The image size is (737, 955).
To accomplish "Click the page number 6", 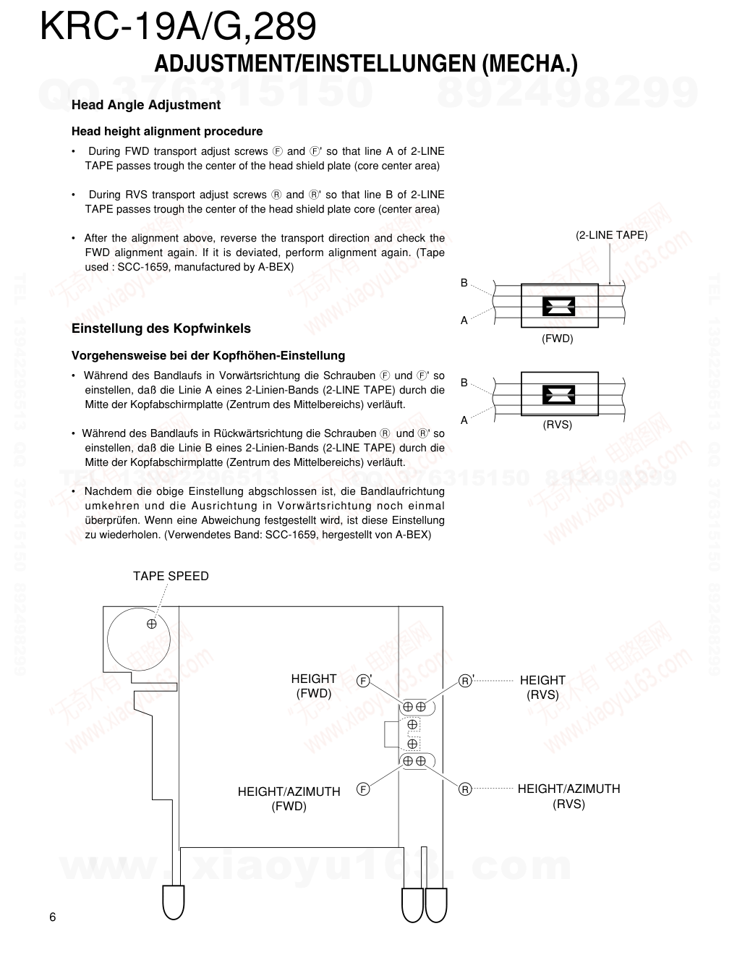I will pyautogui.click(x=52, y=917).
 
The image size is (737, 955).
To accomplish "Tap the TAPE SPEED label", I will pyautogui.click(x=171, y=576).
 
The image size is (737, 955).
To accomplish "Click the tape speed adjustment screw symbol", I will pyautogui.click(x=152, y=624).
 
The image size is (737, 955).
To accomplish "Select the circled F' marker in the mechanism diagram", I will pyautogui.click(x=363, y=681).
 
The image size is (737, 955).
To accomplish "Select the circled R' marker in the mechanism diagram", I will pyautogui.click(x=466, y=681).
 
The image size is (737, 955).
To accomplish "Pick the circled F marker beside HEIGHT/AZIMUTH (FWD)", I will pyautogui.click(x=363, y=789).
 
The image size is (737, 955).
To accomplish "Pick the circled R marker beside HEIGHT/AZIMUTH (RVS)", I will pyautogui.click(x=466, y=789).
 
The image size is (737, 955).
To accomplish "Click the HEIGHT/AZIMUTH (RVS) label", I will pyautogui.click(x=568, y=796).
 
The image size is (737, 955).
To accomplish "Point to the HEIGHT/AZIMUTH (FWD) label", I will pyautogui.click(x=289, y=799).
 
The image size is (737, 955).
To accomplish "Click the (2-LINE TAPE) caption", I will pyautogui.click(x=611, y=235).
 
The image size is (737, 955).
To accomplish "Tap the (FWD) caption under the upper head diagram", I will pyautogui.click(x=558, y=339).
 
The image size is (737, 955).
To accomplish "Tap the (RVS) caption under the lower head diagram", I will pyautogui.click(x=558, y=425).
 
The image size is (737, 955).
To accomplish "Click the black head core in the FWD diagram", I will pyautogui.click(x=558, y=306).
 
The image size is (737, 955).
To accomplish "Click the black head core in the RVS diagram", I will pyautogui.click(x=558, y=394).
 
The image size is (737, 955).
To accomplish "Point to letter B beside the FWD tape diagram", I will pyautogui.click(x=464, y=283).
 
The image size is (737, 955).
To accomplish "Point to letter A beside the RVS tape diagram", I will pyautogui.click(x=464, y=420).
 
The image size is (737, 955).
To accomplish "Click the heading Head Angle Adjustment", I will pyautogui.click(x=146, y=105).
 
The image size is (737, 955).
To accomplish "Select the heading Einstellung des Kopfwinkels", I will pyautogui.click(x=161, y=328).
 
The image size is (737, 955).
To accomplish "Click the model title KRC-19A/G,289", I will pyautogui.click(x=178, y=27).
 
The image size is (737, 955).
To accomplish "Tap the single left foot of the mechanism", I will pyautogui.click(x=173, y=899).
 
